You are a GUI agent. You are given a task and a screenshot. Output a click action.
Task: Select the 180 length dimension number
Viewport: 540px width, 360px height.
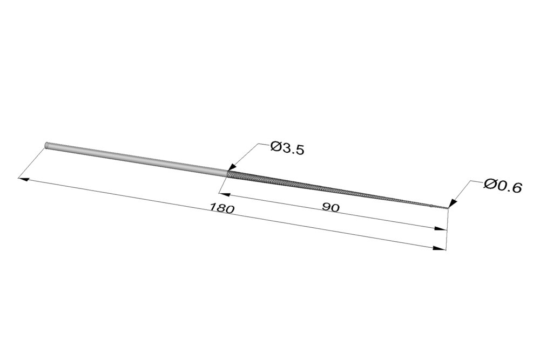pyautogui.click(x=222, y=208)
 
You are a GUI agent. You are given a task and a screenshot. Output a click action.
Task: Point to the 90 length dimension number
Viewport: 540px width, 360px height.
pyautogui.click(x=330, y=207)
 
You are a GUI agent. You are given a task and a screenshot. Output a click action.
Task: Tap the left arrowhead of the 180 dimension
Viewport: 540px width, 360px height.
pyautogui.click(x=23, y=179)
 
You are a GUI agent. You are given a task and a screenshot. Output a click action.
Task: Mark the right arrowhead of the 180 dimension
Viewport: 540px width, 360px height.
pyautogui.click(x=440, y=248)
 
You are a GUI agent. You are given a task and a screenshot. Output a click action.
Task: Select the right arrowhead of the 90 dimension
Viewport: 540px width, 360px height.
pyautogui.click(x=441, y=228)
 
